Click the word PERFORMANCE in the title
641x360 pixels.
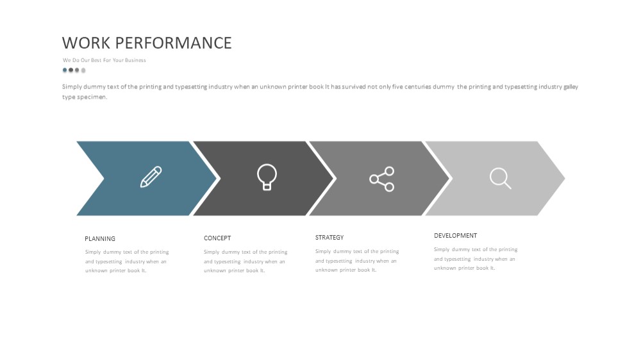(x=174, y=43)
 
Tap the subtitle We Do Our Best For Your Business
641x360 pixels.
(x=104, y=60)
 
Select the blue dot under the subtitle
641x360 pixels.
(x=65, y=70)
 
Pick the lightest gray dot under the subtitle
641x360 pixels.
(x=83, y=70)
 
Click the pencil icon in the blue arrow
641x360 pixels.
(x=151, y=177)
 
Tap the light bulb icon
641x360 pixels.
(x=267, y=177)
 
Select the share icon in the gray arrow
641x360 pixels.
(x=382, y=179)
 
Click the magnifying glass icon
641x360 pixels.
(x=501, y=178)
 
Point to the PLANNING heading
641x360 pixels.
(x=100, y=239)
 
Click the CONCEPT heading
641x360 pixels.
(x=217, y=238)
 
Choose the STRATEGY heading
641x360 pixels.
(x=329, y=238)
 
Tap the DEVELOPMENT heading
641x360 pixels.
(x=455, y=235)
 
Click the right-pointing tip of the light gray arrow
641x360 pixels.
(x=565, y=178)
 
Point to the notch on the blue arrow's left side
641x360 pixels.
(x=104, y=178)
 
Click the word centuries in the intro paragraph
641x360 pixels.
(x=418, y=86)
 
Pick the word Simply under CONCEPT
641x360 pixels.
(x=212, y=252)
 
